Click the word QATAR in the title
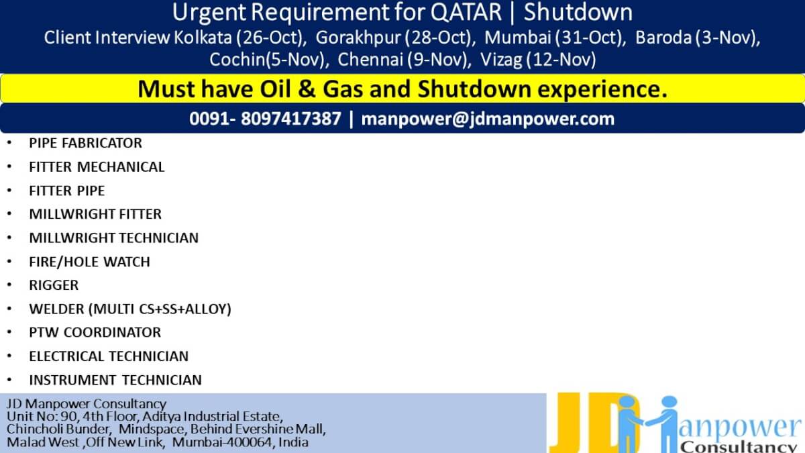466,13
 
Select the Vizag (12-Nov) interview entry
538,60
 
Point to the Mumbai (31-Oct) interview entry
553,38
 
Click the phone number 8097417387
290,119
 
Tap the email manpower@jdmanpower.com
488,119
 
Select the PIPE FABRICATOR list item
86,143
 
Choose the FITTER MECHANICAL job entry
97,167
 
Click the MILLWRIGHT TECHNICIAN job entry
113,238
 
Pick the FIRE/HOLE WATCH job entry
89,262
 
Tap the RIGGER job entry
54,285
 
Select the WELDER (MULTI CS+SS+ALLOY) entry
130,309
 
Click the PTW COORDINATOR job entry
95,333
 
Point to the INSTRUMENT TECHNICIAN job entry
115,380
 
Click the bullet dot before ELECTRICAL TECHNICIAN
9,356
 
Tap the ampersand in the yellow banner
307,89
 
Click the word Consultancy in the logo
739,447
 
